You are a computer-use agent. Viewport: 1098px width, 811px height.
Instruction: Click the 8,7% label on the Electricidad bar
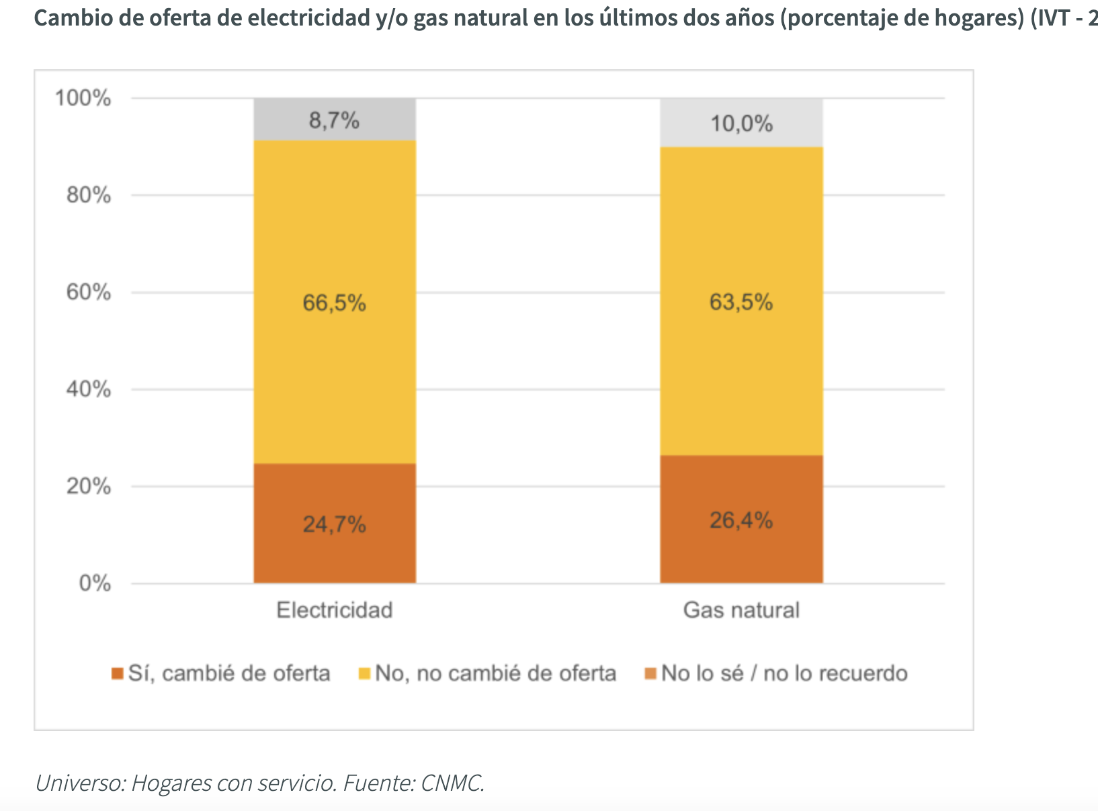334,121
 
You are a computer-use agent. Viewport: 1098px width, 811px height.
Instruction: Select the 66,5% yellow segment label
334,303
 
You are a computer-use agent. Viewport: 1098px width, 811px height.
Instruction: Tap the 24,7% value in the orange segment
334,524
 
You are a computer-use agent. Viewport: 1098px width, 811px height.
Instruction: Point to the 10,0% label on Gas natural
741,124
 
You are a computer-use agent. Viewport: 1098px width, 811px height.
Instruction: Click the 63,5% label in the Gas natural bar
741,303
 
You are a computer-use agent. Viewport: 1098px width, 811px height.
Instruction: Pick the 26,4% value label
741,520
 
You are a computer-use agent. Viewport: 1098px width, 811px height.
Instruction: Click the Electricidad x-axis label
334,610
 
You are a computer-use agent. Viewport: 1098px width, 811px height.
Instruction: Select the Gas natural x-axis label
741,610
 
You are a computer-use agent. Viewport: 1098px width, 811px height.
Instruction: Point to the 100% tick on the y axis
83,98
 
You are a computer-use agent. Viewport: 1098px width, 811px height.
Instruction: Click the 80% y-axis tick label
88,196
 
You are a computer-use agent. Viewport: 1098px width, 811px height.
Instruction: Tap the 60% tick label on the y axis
88,293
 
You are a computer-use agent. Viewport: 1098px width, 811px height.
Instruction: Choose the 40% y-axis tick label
88,389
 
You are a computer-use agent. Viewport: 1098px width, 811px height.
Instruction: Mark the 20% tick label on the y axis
88,486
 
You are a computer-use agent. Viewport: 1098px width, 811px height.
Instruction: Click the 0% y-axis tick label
95,583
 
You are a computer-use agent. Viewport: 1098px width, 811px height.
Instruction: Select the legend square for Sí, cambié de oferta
118,673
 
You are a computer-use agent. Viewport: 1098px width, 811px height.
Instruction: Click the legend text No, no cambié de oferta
495,673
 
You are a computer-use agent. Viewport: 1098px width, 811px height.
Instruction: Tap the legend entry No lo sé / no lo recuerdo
784,673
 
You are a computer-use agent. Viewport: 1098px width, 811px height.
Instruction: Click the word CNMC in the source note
452,783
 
